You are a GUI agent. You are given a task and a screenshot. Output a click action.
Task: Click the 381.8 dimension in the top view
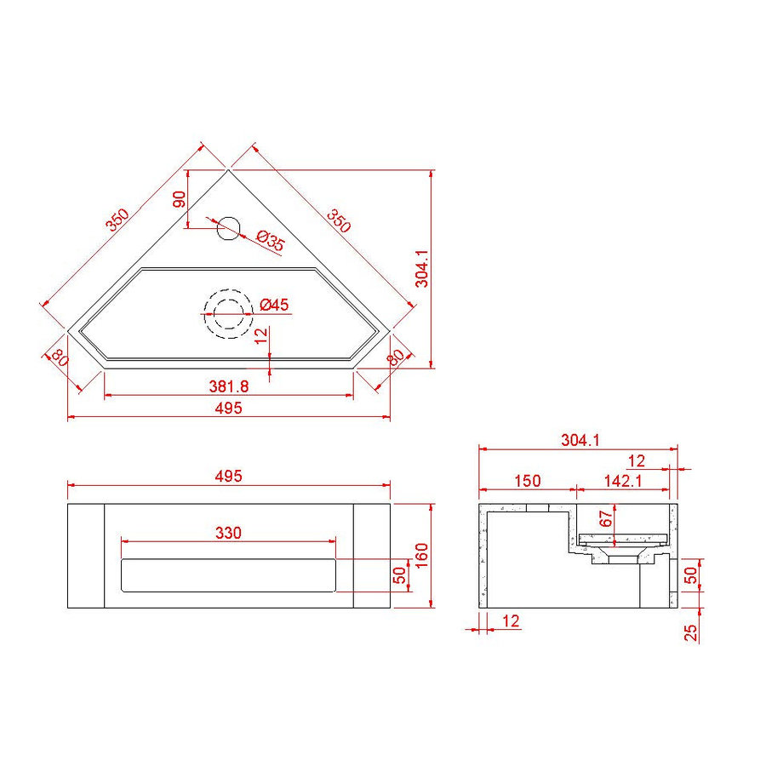(228, 386)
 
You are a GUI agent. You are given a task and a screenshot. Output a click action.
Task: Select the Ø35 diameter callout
(269, 242)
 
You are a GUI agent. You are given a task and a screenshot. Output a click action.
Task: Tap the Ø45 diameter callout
(275, 304)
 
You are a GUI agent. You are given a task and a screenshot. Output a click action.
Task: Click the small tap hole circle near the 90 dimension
(228, 227)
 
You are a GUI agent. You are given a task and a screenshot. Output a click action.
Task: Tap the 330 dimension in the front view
(228, 533)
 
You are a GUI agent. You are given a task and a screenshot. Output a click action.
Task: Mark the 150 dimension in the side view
(527, 480)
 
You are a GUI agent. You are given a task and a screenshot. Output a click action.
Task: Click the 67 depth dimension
(606, 518)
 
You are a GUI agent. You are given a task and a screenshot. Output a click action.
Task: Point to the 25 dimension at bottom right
(691, 632)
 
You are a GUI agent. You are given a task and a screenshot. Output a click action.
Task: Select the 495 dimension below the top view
(228, 408)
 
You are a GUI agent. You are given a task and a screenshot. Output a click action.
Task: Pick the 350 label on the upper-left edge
(117, 220)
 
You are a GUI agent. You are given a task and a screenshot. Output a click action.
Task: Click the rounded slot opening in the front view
(228, 575)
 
